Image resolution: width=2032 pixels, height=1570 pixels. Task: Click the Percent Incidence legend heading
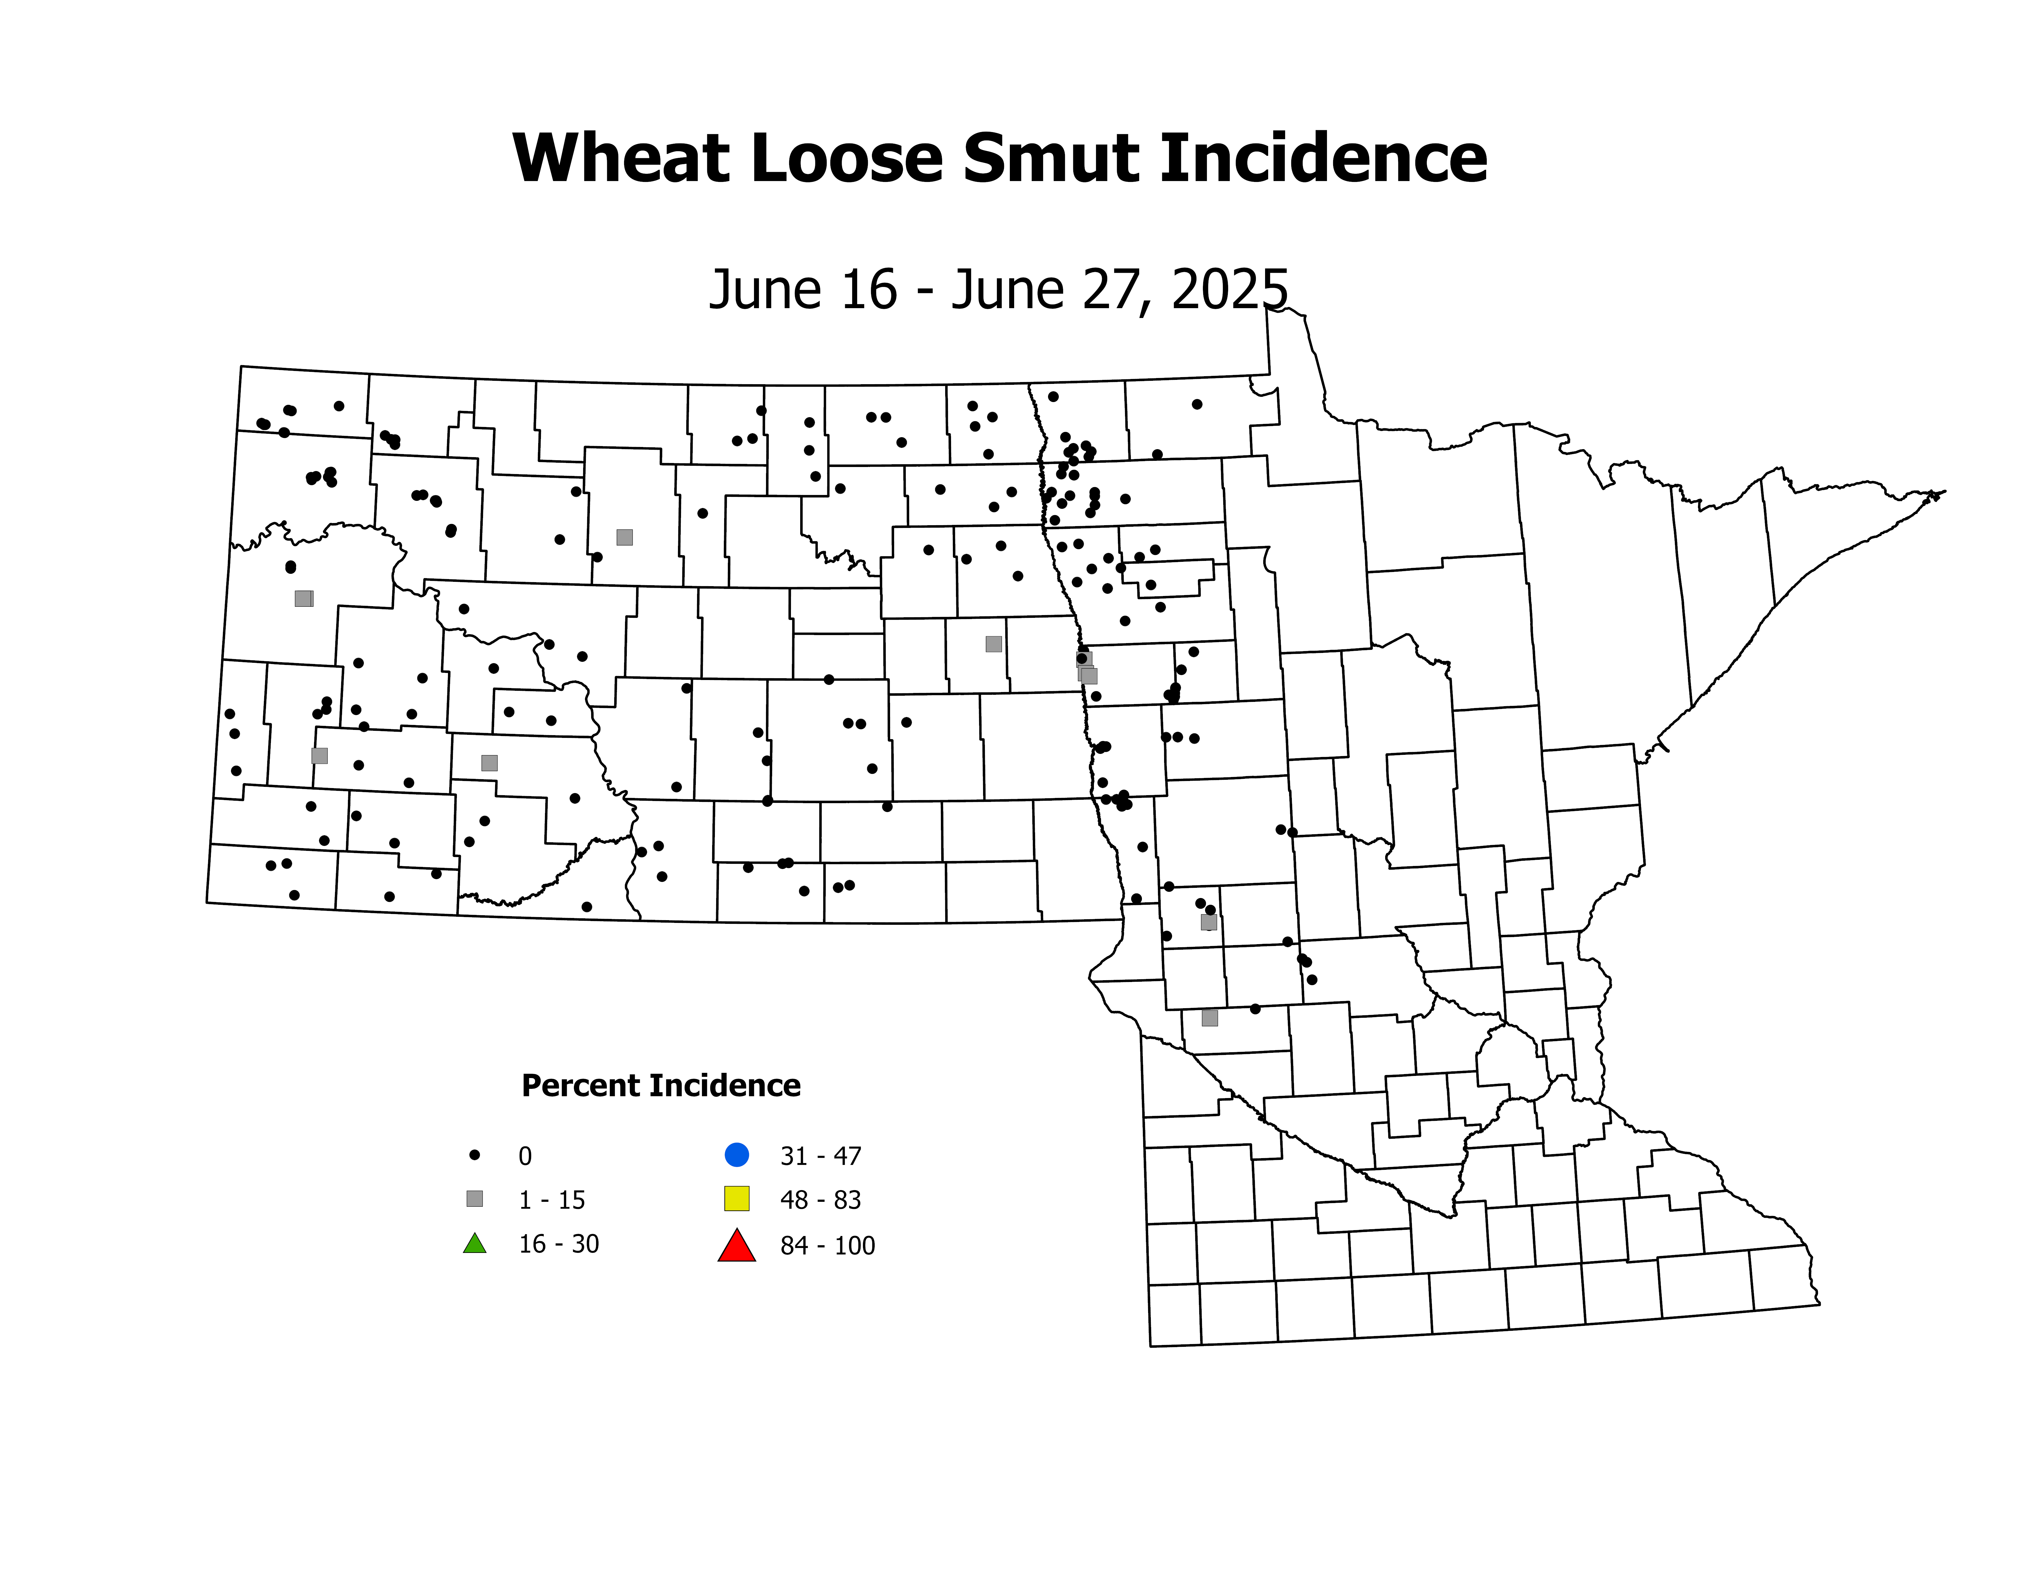pos(661,1085)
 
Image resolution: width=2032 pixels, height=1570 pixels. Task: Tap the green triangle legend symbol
pos(474,1244)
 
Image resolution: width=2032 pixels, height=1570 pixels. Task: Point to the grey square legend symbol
pos(474,1199)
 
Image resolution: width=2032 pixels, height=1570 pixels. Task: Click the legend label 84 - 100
pos(827,1246)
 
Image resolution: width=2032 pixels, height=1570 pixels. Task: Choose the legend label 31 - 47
pos(820,1156)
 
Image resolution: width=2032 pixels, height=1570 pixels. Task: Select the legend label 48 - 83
pos(820,1200)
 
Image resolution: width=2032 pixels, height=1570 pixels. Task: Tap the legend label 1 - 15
pos(552,1200)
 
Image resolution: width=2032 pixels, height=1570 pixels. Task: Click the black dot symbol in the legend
pos(474,1155)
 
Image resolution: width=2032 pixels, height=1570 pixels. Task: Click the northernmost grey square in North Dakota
pos(624,537)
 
